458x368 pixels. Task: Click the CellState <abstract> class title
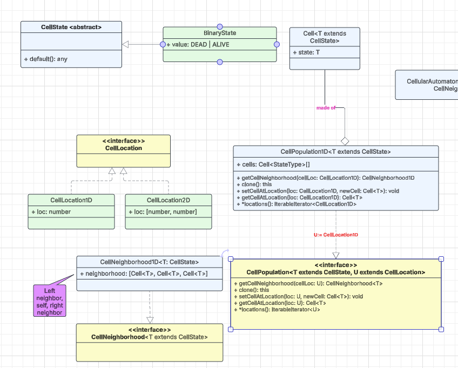coord(71,27)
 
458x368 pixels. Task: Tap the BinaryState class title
coord(219,33)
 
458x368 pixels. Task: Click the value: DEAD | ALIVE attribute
coord(198,44)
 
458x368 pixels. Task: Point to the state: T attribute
coord(306,52)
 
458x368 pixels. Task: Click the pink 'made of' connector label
coord(326,108)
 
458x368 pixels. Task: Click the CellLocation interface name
coord(123,148)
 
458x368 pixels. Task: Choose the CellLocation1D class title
coord(71,200)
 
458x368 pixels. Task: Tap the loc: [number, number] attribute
coord(163,212)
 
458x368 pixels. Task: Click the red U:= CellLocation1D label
coord(335,235)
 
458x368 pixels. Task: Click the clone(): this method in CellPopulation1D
coord(253,184)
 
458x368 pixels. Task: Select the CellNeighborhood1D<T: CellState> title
coord(149,262)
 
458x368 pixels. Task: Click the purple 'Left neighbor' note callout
coord(49,301)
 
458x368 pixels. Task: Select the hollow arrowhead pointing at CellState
coord(125,44)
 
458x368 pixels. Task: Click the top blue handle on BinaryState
coord(219,26)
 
